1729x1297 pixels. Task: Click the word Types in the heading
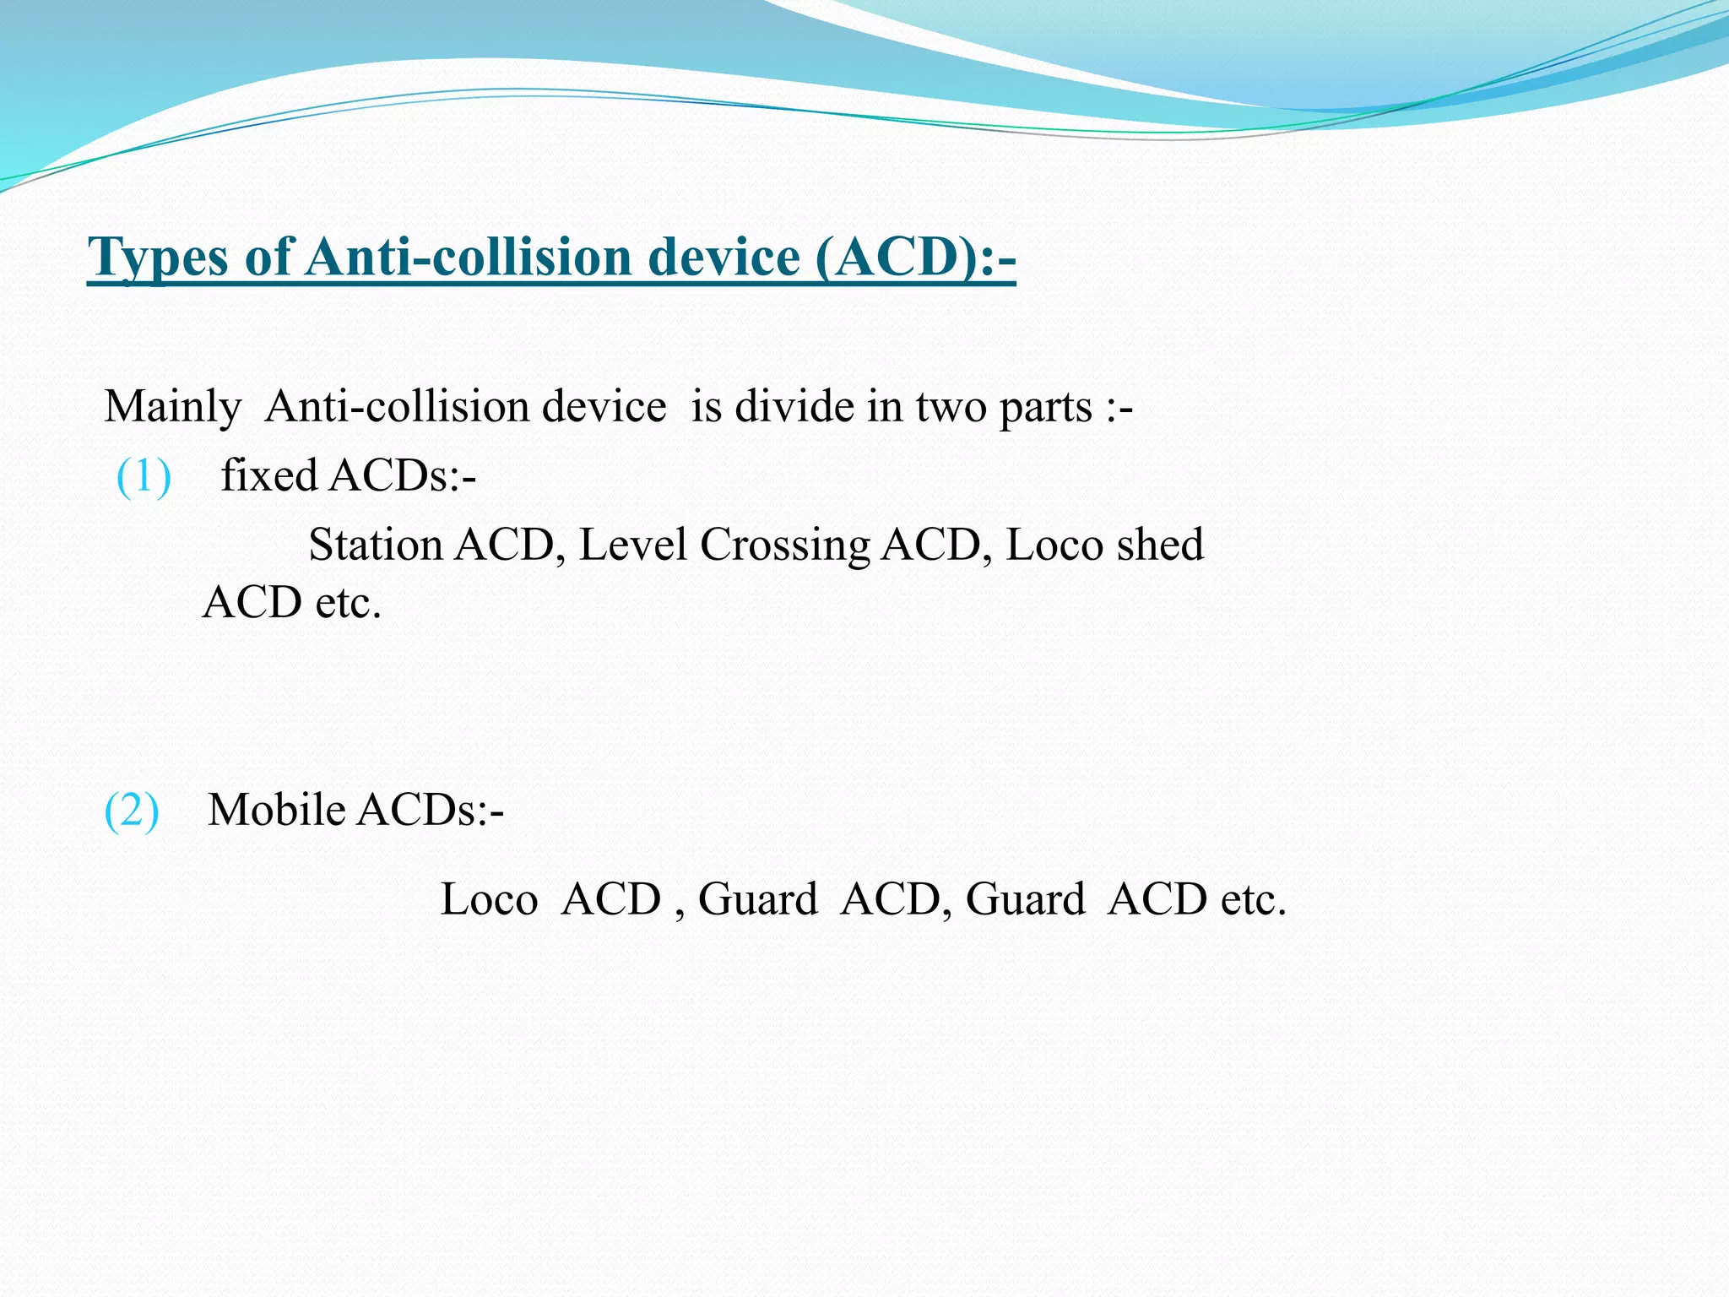click(x=159, y=257)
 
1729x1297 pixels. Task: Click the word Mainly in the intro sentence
click(x=172, y=408)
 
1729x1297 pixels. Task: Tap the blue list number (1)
click(x=144, y=476)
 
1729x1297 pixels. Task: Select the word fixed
click(x=268, y=475)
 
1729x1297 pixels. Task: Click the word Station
click(x=375, y=545)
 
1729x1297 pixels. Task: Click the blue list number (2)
click(x=131, y=811)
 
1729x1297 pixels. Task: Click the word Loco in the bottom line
click(x=489, y=899)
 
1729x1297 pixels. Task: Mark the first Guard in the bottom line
click(x=757, y=899)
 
